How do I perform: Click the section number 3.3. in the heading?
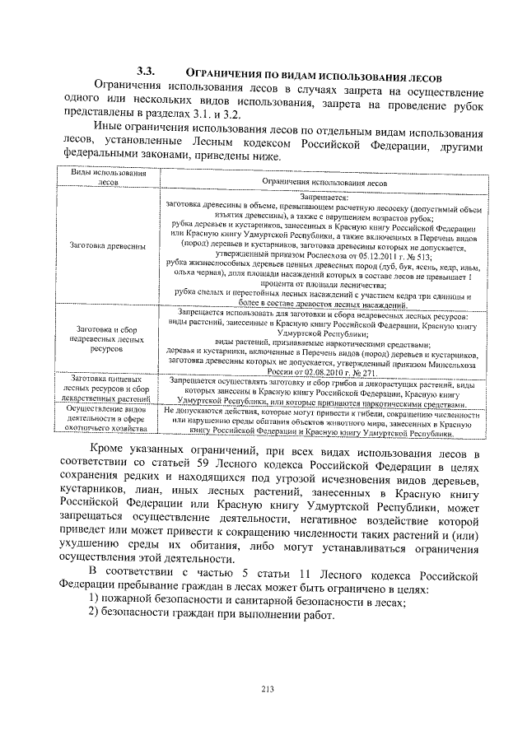147,71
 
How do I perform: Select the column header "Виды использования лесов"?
103,179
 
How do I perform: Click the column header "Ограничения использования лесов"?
321,184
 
